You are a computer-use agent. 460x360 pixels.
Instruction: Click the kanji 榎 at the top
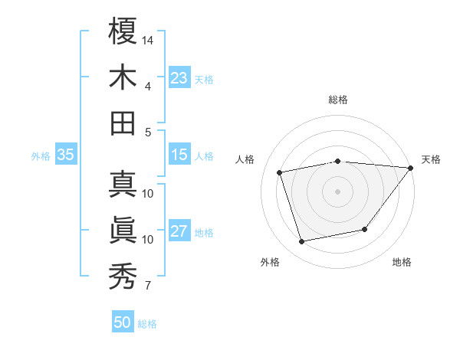pyautogui.click(x=123, y=32)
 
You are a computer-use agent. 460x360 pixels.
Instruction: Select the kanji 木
pyautogui.click(x=123, y=78)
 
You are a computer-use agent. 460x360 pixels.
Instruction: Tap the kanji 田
pyautogui.click(x=123, y=123)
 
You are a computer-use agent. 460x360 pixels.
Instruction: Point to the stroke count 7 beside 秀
pyautogui.click(x=148, y=286)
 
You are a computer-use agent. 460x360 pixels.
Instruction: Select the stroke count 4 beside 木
pyautogui.click(x=148, y=87)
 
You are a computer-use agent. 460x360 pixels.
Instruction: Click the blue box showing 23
pyautogui.click(x=179, y=77)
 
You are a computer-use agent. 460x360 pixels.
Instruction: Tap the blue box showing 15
pyautogui.click(x=179, y=155)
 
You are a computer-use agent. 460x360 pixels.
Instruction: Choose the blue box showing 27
pyautogui.click(x=179, y=231)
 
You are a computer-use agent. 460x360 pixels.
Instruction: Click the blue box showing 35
pyautogui.click(x=65, y=155)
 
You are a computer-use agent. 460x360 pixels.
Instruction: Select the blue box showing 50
pyautogui.click(x=123, y=322)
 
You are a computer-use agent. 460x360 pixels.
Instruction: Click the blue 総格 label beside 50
pyautogui.click(x=147, y=324)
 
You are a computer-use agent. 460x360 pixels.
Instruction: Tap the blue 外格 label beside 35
pyautogui.click(x=41, y=156)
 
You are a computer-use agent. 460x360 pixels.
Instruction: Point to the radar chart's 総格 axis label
pyautogui.click(x=338, y=100)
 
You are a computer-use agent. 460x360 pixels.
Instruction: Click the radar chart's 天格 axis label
pyautogui.click(x=431, y=159)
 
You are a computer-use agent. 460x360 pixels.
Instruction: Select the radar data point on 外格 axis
pyautogui.click(x=302, y=242)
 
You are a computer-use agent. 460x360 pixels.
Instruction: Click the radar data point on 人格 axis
pyautogui.click(x=280, y=172)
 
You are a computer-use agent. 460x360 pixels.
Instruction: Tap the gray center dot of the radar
pyautogui.click(x=338, y=191)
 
